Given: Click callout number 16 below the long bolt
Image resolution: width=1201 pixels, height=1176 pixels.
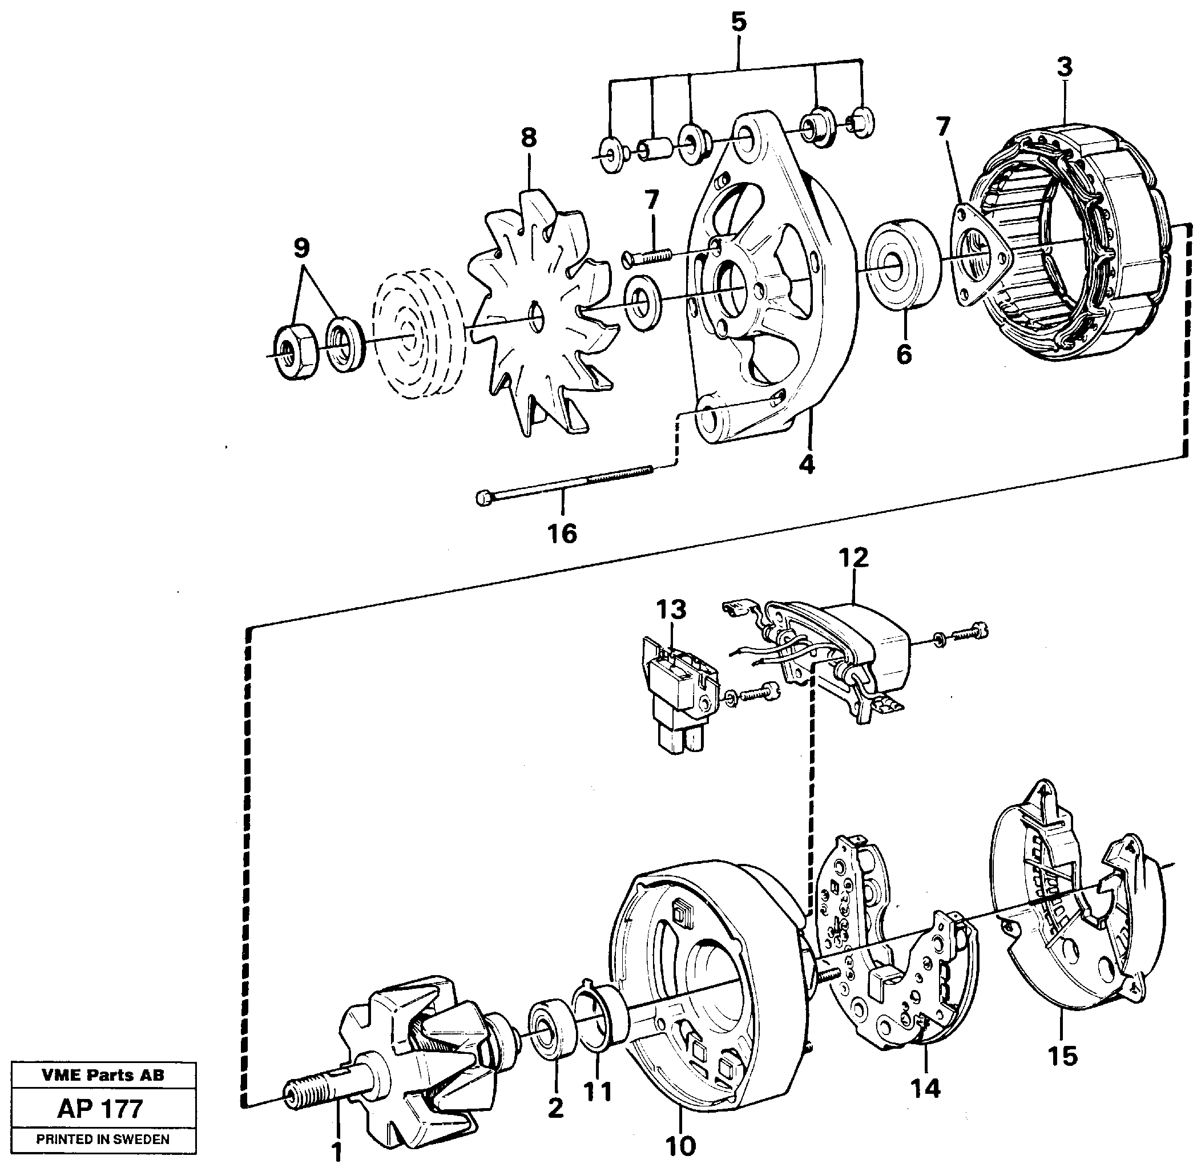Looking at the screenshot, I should coord(562,533).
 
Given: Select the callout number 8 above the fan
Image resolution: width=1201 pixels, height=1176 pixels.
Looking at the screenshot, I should coord(528,138).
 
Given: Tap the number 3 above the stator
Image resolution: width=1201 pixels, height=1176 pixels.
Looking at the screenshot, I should coord(1064,67).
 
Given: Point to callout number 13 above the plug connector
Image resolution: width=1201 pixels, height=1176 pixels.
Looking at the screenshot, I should coord(671,609).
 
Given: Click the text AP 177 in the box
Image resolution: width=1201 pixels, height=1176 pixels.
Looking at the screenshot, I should coord(100,1109).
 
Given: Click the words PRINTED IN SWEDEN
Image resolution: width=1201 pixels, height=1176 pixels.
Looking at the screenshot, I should coord(103,1139).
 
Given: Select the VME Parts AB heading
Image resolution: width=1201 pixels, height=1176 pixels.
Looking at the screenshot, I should coord(103,1076).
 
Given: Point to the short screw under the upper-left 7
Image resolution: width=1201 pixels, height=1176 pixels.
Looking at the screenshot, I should coord(648,255).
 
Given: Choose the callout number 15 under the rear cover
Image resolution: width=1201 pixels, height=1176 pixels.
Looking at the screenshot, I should coord(1062,1056).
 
